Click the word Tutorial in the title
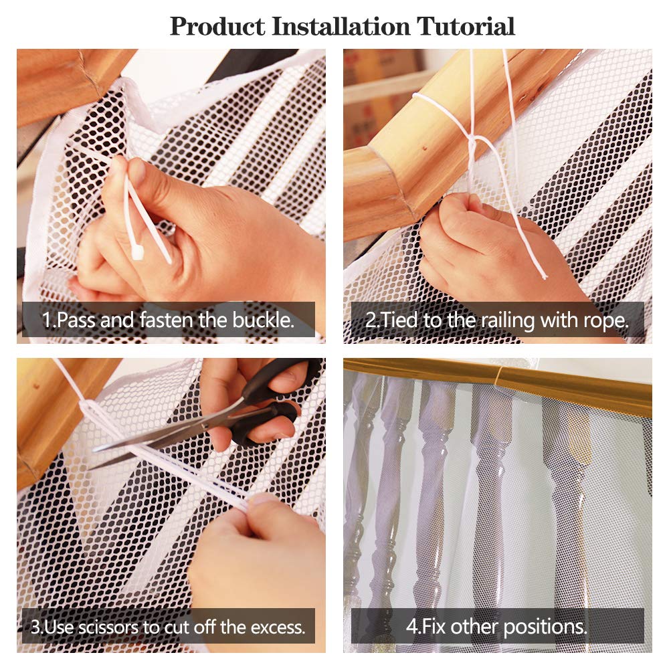(x=466, y=27)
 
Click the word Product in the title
(x=217, y=27)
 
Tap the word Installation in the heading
(x=341, y=27)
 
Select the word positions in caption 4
(x=546, y=628)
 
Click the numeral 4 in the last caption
(x=411, y=626)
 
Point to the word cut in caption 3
(x=178, y=628)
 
